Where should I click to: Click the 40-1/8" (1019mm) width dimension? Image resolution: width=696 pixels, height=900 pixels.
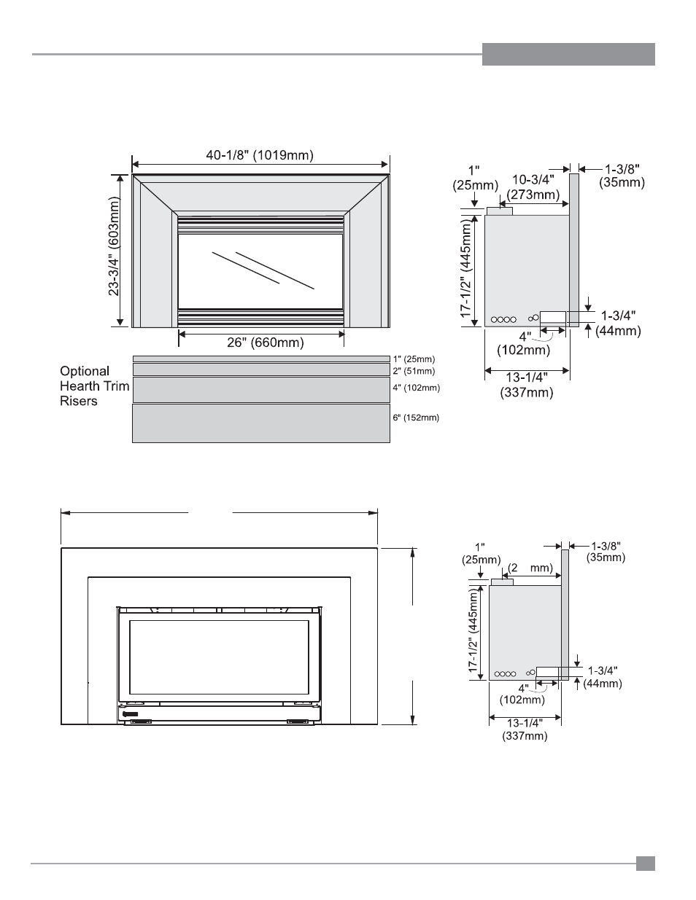coord(260,155)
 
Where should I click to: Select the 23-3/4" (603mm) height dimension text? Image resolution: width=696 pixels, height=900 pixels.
coord(115,249)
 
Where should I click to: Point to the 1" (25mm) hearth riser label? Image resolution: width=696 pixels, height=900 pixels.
coord(414,359)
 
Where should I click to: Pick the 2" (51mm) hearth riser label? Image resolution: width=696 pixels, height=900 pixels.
coord(414,371)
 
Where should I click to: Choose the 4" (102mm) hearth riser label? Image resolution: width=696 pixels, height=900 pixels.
coord(416,388)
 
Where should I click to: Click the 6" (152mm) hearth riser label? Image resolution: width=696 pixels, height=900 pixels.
coord(416,418)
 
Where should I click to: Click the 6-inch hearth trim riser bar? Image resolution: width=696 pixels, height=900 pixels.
coord(260,423)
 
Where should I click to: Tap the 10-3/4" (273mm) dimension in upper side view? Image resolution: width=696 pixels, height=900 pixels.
coord(532,187)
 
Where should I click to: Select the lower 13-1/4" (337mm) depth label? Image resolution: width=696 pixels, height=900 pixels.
coord(524,729)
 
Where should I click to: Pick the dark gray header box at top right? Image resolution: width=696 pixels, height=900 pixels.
coord(568,54)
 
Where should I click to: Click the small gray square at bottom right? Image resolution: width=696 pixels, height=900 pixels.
coord(645,864)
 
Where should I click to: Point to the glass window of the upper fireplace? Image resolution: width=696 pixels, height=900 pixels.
coord(260,271)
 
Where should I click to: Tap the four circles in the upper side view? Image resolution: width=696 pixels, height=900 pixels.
coord(503,319)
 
